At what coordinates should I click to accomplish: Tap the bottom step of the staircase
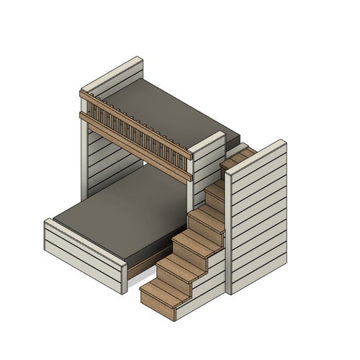point(158,292)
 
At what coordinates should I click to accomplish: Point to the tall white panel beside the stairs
point(259,216)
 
